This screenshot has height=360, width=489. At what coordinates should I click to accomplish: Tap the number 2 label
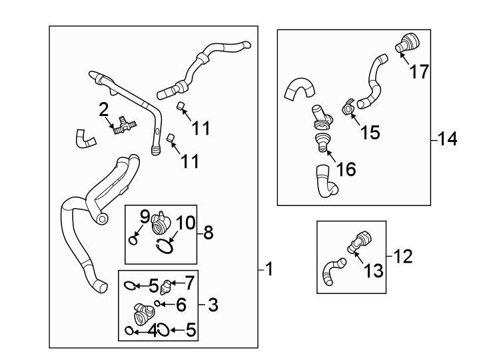coord(104,109)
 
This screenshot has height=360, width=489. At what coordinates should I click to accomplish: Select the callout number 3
coord(213,306)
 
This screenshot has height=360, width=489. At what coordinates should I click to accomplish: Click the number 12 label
coord(404,255)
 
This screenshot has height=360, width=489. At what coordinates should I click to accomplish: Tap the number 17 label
coord(420,71)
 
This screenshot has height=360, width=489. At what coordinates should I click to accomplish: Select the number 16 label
coord(346,169)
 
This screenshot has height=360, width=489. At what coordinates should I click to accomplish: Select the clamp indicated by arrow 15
coord(347,107)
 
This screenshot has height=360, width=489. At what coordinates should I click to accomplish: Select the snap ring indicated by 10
coord(165,247)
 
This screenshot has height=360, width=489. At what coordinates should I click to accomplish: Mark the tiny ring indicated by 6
coord(157,304)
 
